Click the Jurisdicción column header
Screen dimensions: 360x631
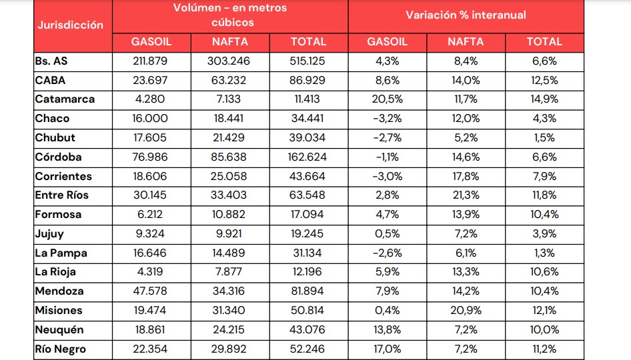coord(71,25)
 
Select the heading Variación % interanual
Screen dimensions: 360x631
coord(465,15)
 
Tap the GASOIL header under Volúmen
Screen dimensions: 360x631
coord(151,41)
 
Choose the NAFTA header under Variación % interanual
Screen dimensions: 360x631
coord(465,41)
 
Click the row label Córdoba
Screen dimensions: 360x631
coord(59,157)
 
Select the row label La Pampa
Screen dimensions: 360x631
coord(61,253)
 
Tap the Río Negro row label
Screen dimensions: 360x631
coord(60,349)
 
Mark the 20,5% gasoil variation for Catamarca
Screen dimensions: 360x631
coord(387,99)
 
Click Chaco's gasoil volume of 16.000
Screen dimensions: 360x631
coord(151,119)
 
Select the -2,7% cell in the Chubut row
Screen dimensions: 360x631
coord(387,138)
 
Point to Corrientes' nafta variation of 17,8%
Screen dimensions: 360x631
coord(465,177)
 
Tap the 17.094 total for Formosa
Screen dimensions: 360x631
coord(308,215)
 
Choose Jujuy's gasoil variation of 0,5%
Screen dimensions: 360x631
coord(387,234)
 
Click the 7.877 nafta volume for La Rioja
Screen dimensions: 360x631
coord(230,273)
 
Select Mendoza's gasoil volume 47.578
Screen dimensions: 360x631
coord(151,292)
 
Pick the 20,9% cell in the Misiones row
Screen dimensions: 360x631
coord(465,311)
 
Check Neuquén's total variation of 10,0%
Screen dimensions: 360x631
coord(544,330)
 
